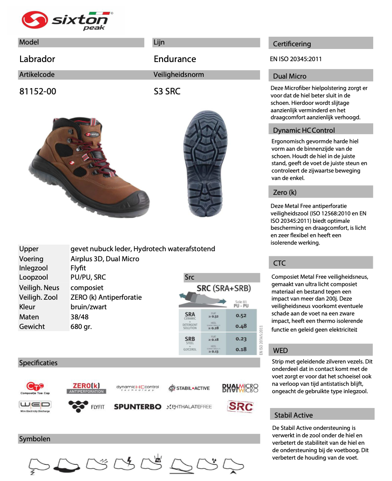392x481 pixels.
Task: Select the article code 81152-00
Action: point(38,91)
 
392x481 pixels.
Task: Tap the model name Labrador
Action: point(37,59)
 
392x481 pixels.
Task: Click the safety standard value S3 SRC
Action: point(167,91)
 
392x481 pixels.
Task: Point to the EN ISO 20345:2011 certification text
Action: point(296,59)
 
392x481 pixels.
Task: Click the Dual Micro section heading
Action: point(290,76)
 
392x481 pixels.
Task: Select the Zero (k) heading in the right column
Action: point(284,192)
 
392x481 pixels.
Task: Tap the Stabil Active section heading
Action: point(293,415)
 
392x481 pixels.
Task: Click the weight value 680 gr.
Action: point(81,326)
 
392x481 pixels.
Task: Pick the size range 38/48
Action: point(80,317)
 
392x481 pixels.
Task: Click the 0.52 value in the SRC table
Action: point(241,315)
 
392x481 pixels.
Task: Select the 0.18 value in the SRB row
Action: point(241,349)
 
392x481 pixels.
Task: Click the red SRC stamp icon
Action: point(240,406)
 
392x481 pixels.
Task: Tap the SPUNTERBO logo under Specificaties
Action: point(137,407)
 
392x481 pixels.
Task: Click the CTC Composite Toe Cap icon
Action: point(35,388)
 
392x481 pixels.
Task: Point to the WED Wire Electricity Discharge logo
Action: point(35,406)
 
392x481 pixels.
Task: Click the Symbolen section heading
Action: point(35,439)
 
